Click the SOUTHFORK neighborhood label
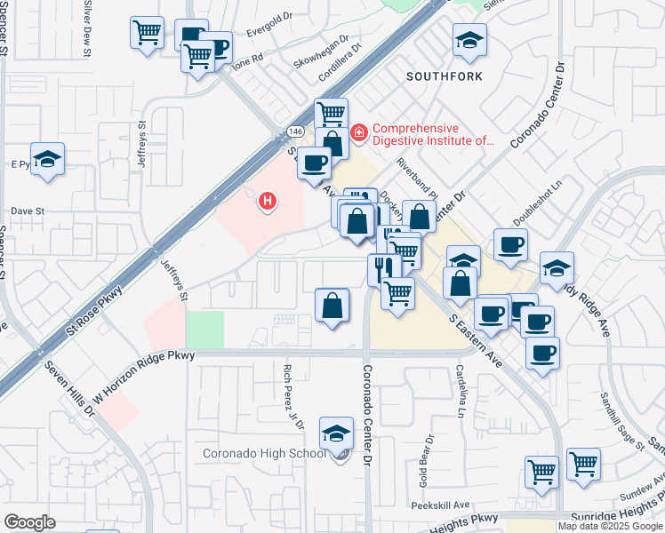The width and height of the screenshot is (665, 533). [x=445, y=76]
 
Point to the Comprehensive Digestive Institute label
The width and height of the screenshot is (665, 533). [x=432, y=134]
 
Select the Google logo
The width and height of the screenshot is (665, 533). [x=29, y=522]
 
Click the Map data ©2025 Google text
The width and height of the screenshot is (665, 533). [x=610, y=526]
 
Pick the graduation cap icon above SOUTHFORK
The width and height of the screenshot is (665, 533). [x=469, y=40]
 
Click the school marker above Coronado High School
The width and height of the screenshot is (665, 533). [x=336, y=433]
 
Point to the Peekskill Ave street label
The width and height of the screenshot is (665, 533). [x=440, y=505]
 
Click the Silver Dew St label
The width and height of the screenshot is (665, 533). [x=87, y=28]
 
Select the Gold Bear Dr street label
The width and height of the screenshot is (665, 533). [x=427, y=456]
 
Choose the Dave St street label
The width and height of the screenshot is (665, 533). [x=28, y=211]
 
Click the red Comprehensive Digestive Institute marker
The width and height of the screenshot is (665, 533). [x=359, y=133]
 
